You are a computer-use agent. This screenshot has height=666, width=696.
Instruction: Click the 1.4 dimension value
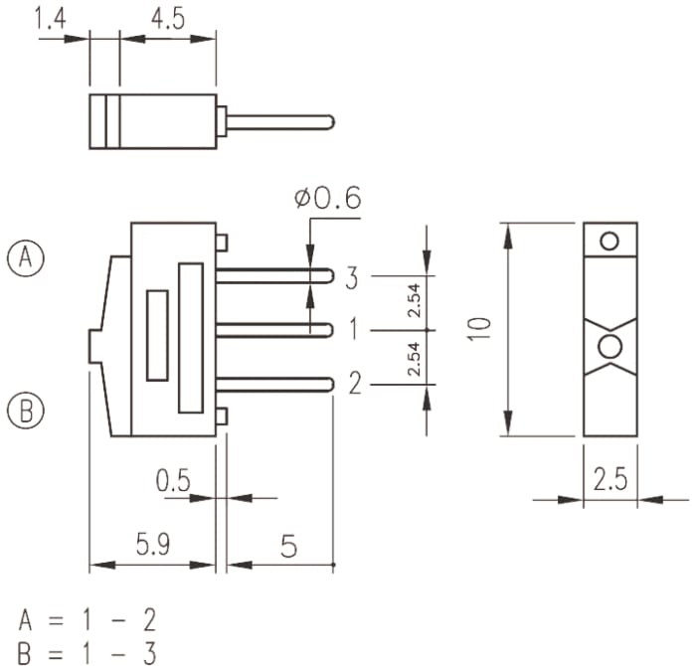[51, 20]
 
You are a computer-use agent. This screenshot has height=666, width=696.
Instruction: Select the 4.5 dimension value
[168, 20]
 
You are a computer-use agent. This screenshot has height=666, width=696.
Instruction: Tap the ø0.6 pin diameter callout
[327, 198]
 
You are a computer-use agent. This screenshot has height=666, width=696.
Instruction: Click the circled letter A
[26, 258]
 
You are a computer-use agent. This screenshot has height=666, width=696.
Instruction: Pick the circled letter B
[26, 410]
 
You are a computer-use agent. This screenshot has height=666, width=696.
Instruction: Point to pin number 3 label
[352, 278]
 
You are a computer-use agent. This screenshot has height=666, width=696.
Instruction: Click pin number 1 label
[353, 329]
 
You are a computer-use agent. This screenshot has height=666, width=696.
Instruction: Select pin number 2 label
[355, 384]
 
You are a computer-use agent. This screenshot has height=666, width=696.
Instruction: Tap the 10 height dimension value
[480, 329]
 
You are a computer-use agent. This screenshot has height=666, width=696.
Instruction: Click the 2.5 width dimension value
[610, 479]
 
